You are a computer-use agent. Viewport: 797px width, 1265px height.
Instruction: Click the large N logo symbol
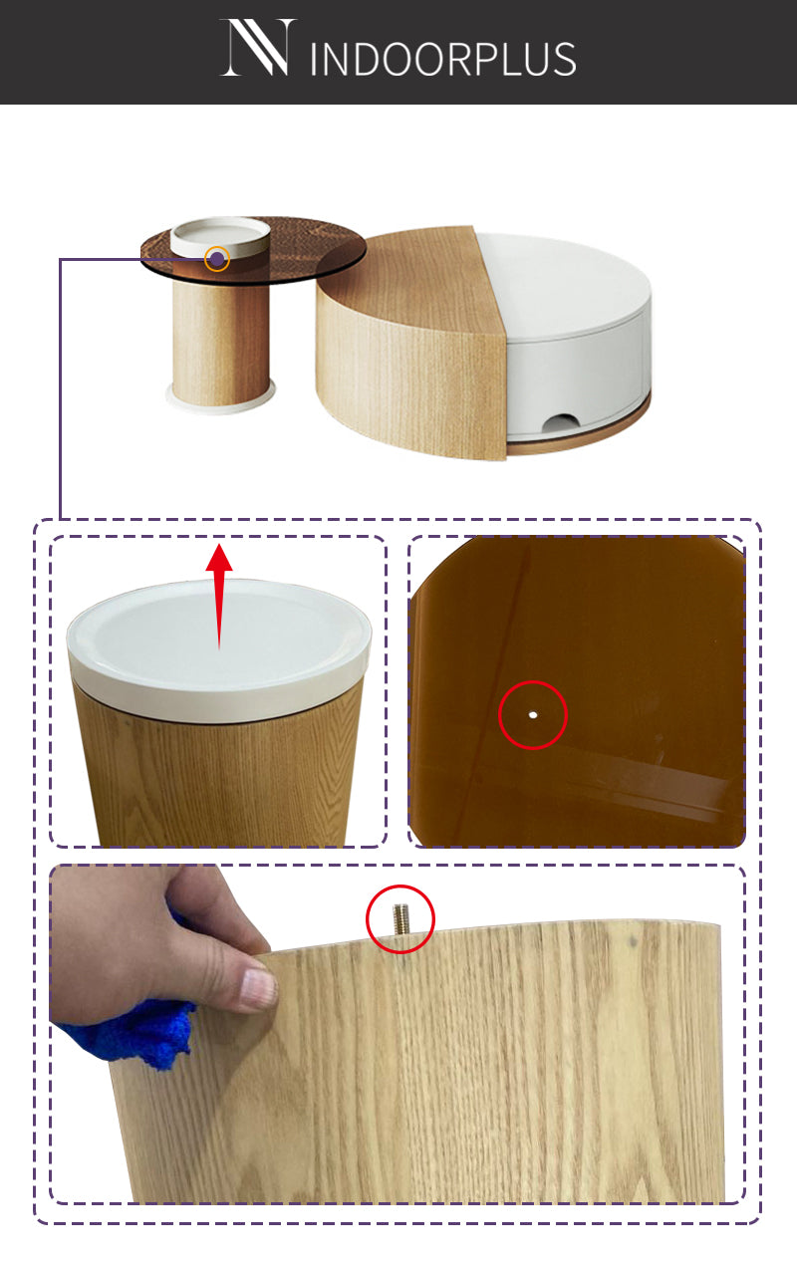259,47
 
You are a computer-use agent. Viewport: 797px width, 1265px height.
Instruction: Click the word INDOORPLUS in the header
443,59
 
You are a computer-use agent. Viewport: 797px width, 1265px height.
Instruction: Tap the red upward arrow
219,597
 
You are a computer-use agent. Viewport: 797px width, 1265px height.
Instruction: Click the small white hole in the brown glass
533,715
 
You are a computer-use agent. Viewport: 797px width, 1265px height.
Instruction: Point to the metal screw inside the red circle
399,918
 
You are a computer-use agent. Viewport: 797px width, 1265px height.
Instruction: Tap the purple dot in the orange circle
217,260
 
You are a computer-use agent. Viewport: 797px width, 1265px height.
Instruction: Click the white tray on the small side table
220,236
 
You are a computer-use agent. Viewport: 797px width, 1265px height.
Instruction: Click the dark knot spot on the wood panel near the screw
634,941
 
